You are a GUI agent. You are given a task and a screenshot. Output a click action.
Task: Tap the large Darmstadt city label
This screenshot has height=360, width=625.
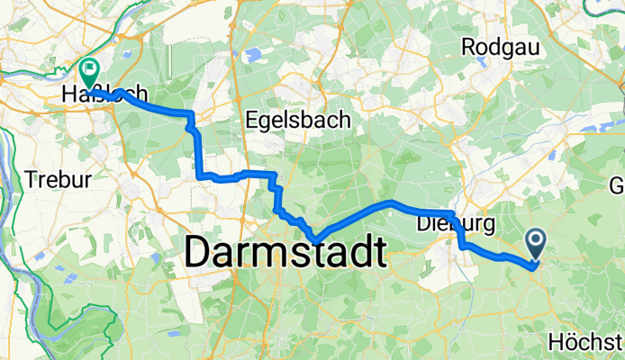tap(285, 253)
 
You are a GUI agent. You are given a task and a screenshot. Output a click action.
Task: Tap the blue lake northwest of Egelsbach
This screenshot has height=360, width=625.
tap(251, 56)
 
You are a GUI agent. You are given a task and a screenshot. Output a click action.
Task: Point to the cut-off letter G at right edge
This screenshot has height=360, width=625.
tap(618, 186)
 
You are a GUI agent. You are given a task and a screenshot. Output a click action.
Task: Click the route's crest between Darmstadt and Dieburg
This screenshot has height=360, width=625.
tap(389, 202)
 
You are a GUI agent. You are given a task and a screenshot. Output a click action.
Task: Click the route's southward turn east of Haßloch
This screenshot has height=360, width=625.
tap(191, 114)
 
